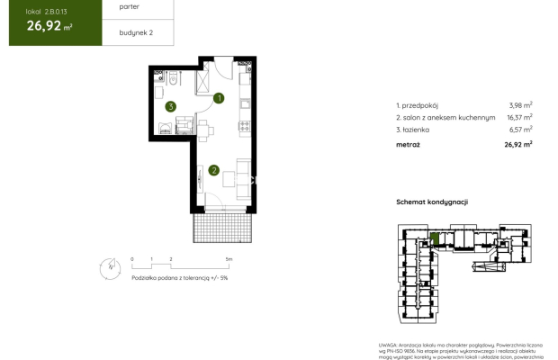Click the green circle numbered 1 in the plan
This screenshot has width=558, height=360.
pyautogui.click(x=218, y=99)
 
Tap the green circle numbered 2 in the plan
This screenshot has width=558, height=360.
pyautogui.click(x=214, y=169)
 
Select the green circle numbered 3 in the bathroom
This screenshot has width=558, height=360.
pyautogui.click(x=169, y=107)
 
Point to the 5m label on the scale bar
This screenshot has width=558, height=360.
pyautogui.click(x=229, y=259)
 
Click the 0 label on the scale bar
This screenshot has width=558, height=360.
pyautogui.click(x=132, y=259)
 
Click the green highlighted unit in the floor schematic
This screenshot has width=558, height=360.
pyautogui.click(x=435, y=238)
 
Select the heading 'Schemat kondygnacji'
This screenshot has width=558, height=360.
pyautogui.click(x=432, y=203)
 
